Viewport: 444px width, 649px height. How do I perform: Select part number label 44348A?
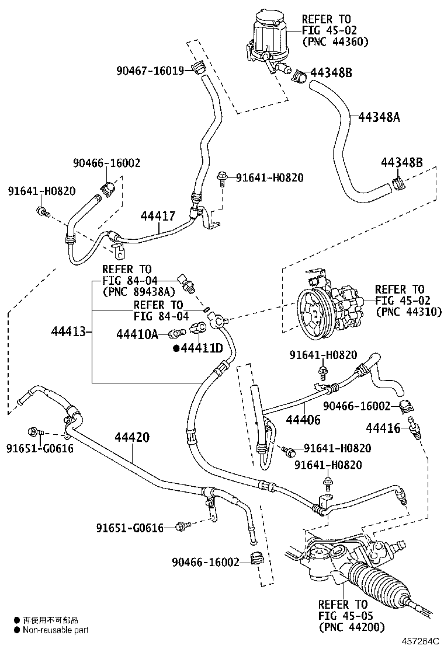click(379, 117)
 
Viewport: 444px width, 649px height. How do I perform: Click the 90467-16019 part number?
click(150, 71)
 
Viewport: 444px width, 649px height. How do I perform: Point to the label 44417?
click(158, 215)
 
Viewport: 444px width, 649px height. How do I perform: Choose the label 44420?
click(132, 437)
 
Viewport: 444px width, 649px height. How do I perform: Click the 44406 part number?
click(303, 420)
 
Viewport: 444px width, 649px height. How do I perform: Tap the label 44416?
click(383, 428)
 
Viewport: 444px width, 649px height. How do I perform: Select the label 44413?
click(68, 331)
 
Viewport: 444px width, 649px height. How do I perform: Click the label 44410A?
click(137, 334)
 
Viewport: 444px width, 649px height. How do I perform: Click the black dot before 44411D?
click(176, 348)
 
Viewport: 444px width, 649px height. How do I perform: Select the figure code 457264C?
click(420, 642)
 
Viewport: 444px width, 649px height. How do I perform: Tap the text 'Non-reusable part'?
click(56, 630)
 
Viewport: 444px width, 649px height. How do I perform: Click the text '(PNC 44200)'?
click(352, 627)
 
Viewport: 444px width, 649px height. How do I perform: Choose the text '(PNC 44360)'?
click(335, 41)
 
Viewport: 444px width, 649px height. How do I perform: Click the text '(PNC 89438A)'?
click(139, 292)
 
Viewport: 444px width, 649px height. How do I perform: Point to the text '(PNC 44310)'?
click(409, 312)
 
